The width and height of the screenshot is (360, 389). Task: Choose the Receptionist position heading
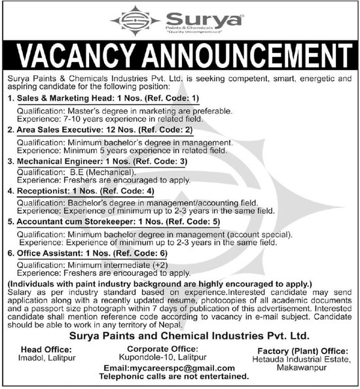43,191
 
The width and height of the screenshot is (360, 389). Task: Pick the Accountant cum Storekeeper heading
76,222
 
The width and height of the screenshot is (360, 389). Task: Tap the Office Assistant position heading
48,252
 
